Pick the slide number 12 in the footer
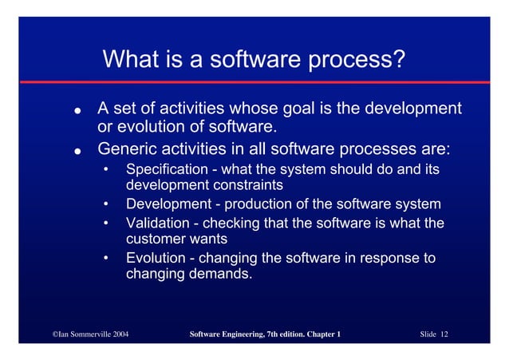443,334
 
